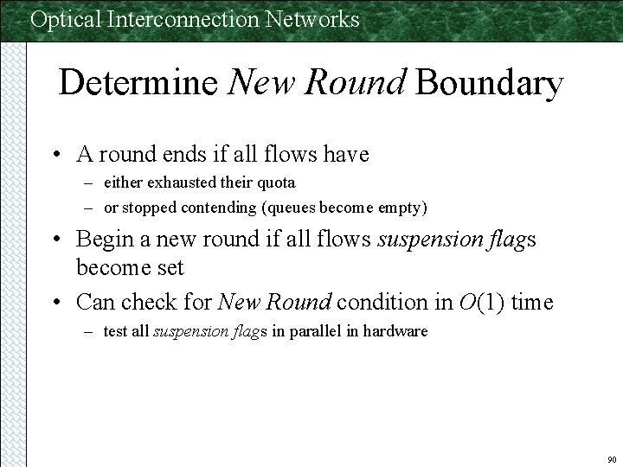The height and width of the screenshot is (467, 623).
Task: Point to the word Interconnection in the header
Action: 185,19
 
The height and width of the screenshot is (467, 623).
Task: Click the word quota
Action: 274,182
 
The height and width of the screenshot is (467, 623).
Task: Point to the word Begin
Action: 104,239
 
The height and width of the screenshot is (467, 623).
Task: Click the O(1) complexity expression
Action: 480,303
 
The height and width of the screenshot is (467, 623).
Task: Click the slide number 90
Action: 611,458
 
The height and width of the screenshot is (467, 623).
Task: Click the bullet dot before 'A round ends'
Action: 56,156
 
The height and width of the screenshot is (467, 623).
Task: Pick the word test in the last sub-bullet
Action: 113,331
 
